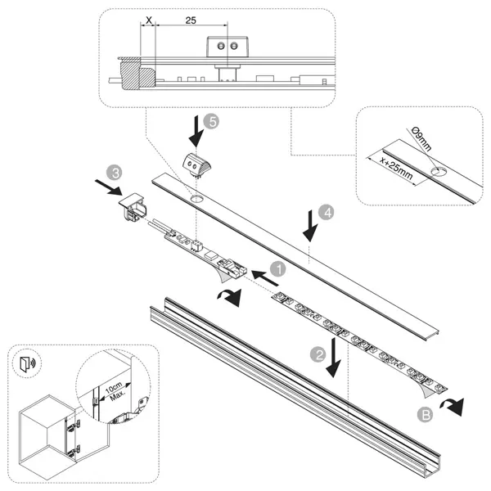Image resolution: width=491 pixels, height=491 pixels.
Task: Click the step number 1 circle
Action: coord(277,268)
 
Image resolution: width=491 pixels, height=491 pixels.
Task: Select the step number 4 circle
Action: coord(326,213)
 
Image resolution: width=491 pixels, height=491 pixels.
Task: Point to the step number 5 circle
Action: coord(212,121)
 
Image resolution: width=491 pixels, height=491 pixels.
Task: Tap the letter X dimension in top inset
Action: coord(148,19)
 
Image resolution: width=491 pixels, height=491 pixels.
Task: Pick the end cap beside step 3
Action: coord(134,210)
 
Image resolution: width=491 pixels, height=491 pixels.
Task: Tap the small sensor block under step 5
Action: coord(196,162)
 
